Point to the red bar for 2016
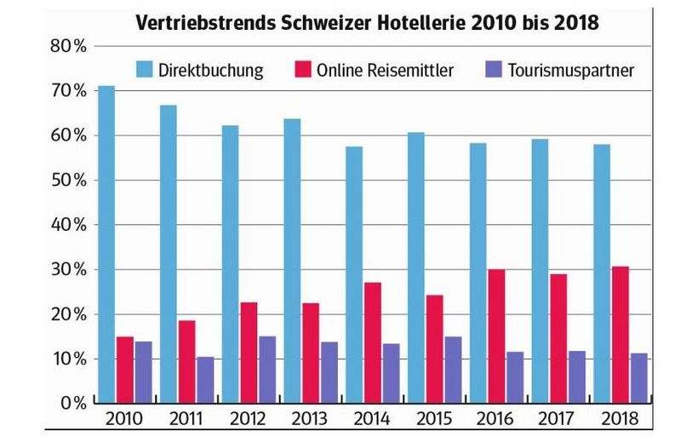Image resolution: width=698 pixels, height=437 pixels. click(x=496, y=336)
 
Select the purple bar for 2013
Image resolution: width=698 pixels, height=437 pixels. click(x=329, y=372)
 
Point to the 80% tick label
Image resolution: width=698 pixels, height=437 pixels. click(x=67, y=48)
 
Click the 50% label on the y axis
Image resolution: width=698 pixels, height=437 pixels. click(x=67, y=181)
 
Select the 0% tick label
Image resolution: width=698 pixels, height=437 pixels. click(x=72, y=403)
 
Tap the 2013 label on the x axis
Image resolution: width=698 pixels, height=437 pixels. click(x=310, y=419)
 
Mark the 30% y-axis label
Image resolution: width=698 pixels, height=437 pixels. click(x=67, y=270)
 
